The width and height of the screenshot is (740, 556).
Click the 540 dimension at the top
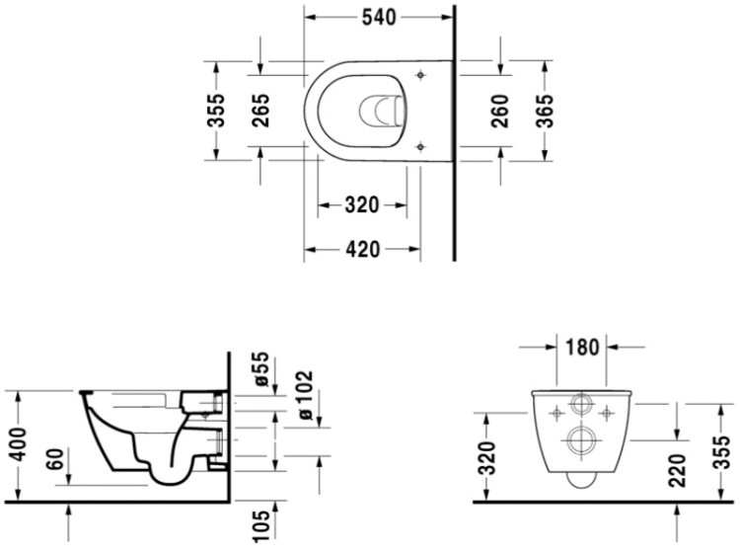pos(379,18)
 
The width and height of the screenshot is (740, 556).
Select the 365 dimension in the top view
pos(545,111)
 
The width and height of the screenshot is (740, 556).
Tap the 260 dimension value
pos(500,111)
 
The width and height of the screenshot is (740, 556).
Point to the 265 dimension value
pos(260,111)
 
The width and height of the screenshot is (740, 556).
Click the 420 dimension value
pos(362,250)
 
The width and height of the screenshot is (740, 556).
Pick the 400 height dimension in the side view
pos(19,444)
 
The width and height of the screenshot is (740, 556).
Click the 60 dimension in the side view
pos(55,459)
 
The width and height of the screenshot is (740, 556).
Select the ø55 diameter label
pos(260,369)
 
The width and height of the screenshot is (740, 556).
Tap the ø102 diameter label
pos(305,395)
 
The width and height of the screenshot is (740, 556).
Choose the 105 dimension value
pos(260,525)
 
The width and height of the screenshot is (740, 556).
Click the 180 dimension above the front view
pos(582,348)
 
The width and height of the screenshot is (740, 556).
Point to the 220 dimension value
pos(677,470)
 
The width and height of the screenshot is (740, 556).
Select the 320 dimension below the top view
pos(362,205)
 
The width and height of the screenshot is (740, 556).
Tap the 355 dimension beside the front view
pos(721,452)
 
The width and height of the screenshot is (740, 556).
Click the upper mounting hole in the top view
pos(420,75)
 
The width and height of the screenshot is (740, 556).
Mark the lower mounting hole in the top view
pos(421,147)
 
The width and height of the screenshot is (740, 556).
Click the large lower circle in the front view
pos(581,440)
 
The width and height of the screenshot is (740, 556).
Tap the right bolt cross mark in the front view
pos(607,414)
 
